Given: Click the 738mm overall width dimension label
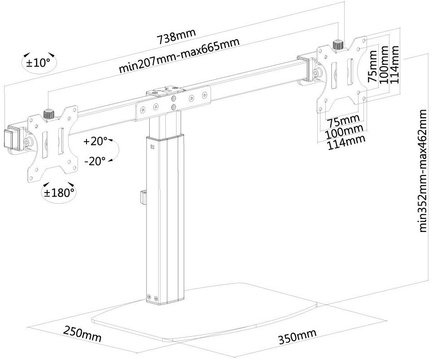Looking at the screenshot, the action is tap(176, 36).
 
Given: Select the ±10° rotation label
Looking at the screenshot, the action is tap(39, 63).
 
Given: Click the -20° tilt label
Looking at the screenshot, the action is tap(95, 161).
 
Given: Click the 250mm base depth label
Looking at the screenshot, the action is tap(82, 333).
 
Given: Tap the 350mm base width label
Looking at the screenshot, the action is tap(298, 336).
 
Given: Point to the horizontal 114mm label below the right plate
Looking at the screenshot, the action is tap(346, 142).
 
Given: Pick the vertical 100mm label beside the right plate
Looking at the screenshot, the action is tap(384, 64).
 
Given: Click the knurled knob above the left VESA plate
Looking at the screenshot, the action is tap(49, 114).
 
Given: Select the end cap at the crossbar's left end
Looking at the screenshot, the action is tap(10, 140).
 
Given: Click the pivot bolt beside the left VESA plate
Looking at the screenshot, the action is tap(27, 142).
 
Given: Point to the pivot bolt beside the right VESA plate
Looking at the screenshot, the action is tap(316, 72).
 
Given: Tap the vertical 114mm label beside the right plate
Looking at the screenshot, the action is tap(394, 64).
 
